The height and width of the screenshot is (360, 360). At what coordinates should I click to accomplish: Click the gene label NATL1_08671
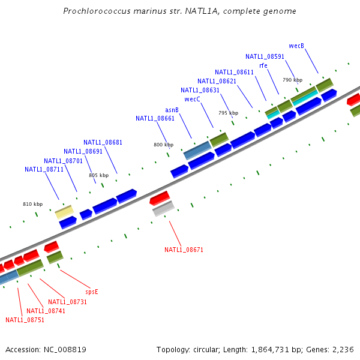184,249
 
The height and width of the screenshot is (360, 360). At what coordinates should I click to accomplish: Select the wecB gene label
296,46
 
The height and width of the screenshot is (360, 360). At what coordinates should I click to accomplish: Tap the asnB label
172,110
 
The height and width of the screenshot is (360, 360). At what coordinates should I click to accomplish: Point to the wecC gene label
192,99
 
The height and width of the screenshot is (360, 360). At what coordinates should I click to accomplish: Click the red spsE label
91,292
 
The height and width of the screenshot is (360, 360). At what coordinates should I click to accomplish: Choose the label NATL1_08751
25,320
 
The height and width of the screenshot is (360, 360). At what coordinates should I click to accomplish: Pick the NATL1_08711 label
44,169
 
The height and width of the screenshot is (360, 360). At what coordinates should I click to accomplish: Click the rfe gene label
263,65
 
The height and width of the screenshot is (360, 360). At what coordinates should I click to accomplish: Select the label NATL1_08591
265,56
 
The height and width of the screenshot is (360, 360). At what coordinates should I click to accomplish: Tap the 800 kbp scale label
163,145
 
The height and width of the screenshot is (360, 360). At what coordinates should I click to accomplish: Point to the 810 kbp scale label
33,204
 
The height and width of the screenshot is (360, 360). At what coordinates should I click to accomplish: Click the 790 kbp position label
292,80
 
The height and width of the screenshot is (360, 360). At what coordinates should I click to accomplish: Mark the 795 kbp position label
228,113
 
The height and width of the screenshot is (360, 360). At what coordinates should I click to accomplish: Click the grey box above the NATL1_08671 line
163,208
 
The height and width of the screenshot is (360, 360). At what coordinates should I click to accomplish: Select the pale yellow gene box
64,212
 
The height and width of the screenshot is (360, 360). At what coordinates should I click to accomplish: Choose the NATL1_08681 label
103,142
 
